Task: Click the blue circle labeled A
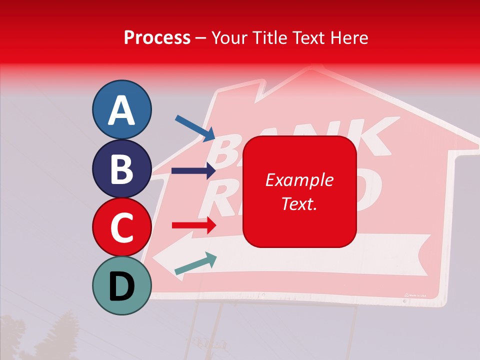[121, 109]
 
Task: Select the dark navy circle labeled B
[121, 168]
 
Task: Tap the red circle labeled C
[121, 227]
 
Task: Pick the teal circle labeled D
[121, 285]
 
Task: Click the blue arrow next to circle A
[195, 128]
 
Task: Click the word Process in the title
[157, 38]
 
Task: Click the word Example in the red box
[299, 180]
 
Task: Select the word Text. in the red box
[299, 203]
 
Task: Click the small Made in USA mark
[415, 295]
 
